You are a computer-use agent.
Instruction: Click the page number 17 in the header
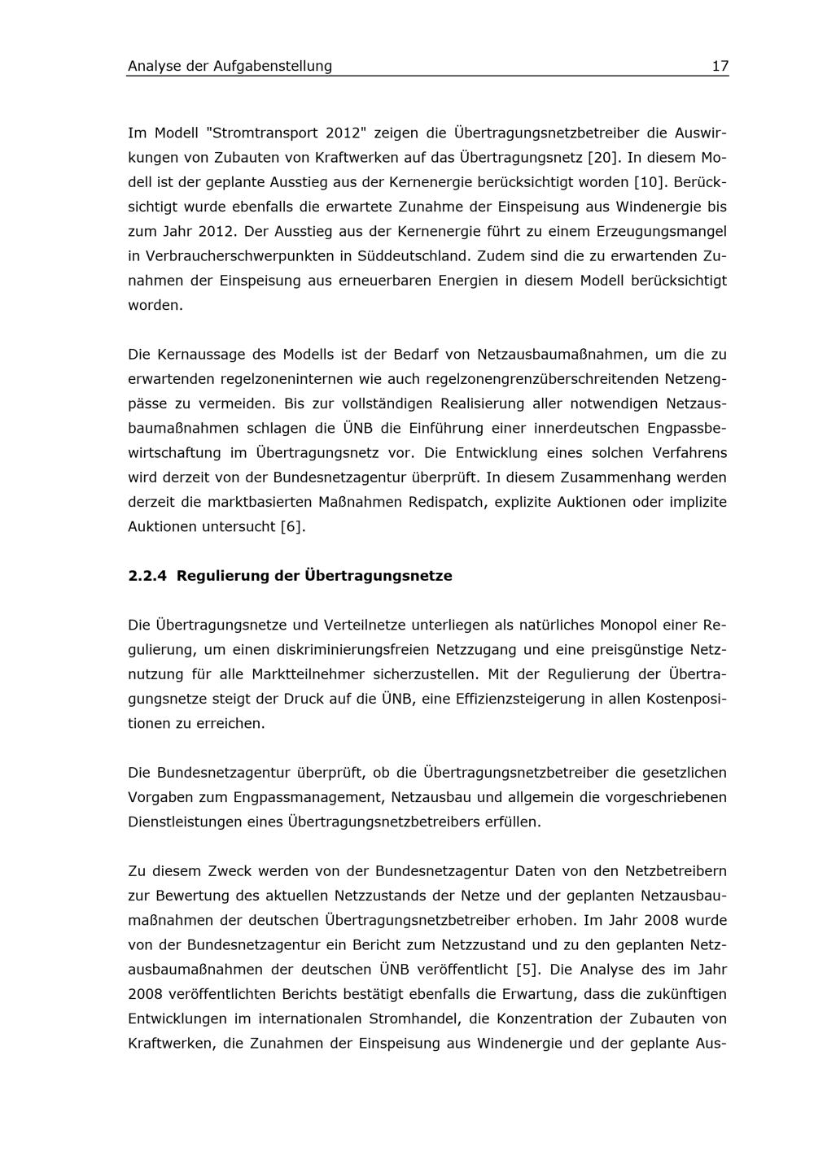click(x=720, y=66)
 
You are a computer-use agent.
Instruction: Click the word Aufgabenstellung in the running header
click(x=273, y=66)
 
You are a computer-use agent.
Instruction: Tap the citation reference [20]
click(x=603, y=157)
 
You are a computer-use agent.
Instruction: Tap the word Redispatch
click(x=449, y=502)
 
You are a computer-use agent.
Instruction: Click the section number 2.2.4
click(x=147, y=576)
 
